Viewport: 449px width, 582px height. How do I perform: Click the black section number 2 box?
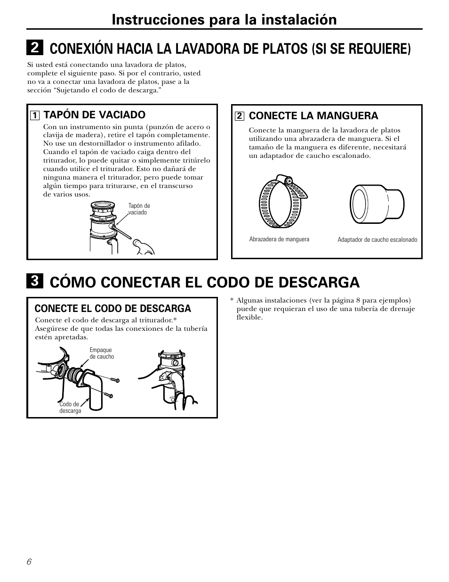(35, 48)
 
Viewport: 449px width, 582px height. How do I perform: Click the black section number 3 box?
(35, 282)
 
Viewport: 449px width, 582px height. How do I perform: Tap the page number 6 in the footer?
(29, 562)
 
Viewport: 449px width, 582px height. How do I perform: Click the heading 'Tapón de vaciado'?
(94, 115)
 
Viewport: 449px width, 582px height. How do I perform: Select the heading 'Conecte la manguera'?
(313, 115)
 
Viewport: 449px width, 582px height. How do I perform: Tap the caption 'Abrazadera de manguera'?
(279, 239)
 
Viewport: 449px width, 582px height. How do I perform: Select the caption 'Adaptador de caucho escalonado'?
(377, 240)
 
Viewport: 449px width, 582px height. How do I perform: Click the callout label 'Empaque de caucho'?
(102, 353)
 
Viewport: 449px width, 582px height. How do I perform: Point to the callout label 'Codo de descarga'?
(70, 408)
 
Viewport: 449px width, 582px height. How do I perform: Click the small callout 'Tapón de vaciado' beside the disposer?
(139, 209)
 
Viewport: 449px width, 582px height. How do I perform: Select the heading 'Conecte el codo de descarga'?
(113, 309)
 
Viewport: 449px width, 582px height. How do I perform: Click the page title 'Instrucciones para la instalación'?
(224, 19)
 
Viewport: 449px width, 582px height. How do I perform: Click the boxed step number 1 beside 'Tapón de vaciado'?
(34, 115)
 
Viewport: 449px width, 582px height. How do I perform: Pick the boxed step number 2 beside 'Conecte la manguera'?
(239, 116)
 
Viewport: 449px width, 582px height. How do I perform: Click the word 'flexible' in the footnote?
(249, 318)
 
